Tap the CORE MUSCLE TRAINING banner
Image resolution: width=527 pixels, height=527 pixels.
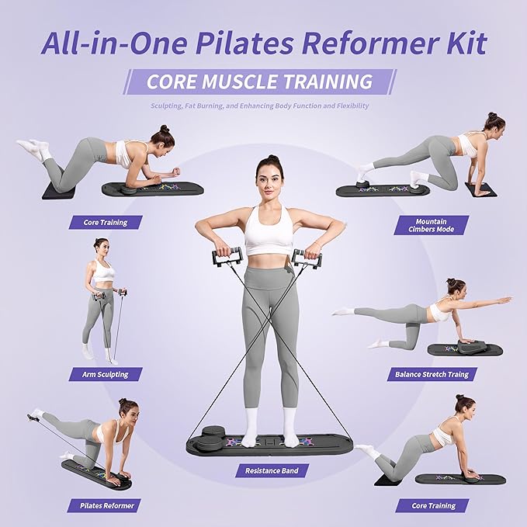259,81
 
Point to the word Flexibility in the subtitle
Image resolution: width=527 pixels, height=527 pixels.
352,106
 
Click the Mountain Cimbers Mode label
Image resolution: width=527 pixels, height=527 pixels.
432,225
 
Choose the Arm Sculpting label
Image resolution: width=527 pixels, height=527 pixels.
106,374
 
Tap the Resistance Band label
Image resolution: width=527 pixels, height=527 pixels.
272,470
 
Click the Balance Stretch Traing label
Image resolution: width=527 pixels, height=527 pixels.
432,374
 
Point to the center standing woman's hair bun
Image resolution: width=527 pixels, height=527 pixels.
272,158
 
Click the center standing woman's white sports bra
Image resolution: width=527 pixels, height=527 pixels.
269,232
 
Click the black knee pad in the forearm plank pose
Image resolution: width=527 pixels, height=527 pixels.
59,190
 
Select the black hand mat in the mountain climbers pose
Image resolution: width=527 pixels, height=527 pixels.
480,189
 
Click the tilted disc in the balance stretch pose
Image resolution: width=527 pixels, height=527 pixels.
472,346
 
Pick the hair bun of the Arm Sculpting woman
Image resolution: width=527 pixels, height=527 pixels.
99,241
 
